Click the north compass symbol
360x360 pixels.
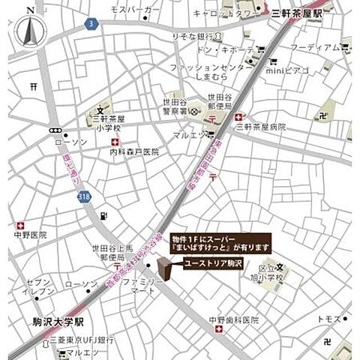[x=29, y=30]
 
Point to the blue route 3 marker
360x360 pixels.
[x=90, y=24]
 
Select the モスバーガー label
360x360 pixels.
[x=135, y=9]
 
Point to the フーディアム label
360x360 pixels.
[x=315, y=47]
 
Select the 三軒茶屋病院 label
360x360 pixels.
[x=261, y=127]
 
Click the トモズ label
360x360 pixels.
[x=328, y=319]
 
